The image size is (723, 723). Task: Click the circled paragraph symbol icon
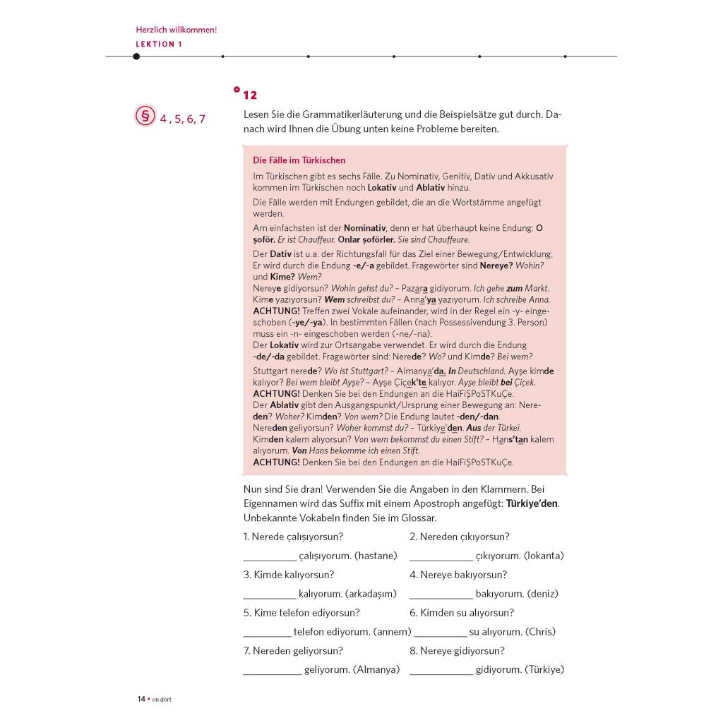point(145,116)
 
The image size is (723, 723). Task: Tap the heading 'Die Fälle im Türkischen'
point(299,160)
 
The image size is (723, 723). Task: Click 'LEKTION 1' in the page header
point(159,44)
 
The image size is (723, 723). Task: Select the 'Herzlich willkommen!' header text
point(176,30)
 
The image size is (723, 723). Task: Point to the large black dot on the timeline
point(136,56)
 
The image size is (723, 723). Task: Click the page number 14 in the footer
point(141,699)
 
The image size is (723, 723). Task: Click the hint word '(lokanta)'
point(544,556)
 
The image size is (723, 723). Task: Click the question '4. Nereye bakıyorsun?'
point(458,575)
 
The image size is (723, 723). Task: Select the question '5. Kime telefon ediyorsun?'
point(301,613)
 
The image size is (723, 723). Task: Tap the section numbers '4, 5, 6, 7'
point(182,119)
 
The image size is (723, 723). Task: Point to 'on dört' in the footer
point(162,700)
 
